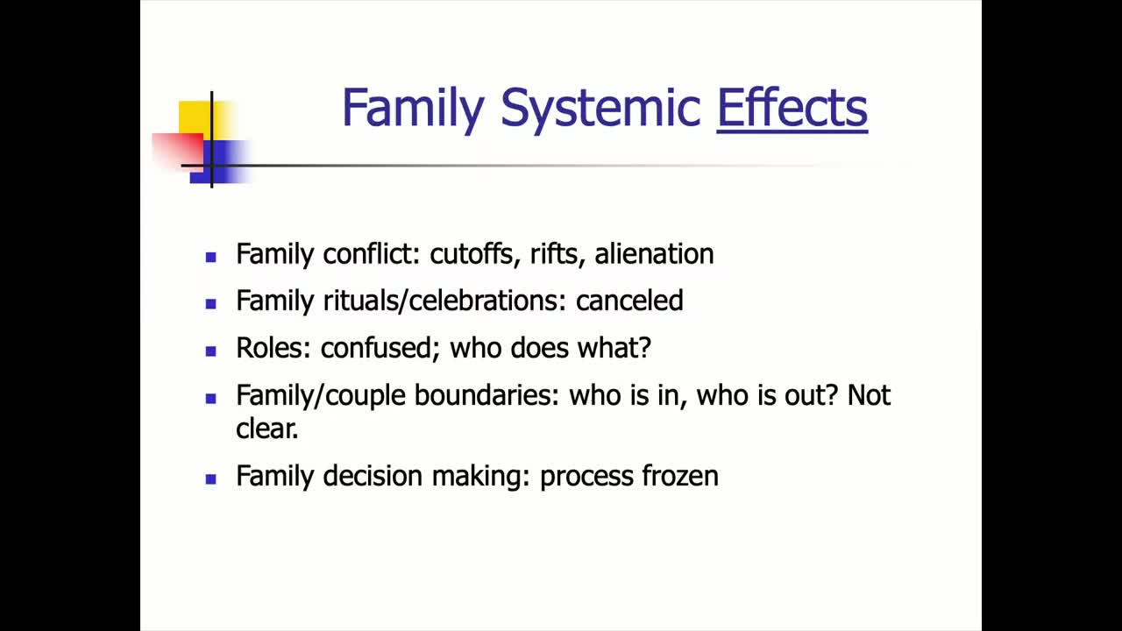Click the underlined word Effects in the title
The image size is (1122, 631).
(792, 109)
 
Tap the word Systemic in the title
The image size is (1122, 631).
(600, 109)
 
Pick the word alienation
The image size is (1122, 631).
(654, 254)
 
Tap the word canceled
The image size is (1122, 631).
(628, 301)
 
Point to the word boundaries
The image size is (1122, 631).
(486, 395)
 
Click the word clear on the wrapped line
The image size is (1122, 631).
(266, 428)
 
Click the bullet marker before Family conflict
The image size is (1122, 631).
(210, 257)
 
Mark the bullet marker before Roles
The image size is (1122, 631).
(210, 351)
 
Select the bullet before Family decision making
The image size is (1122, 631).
(210, 479)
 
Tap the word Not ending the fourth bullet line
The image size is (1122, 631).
(869, 395)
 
